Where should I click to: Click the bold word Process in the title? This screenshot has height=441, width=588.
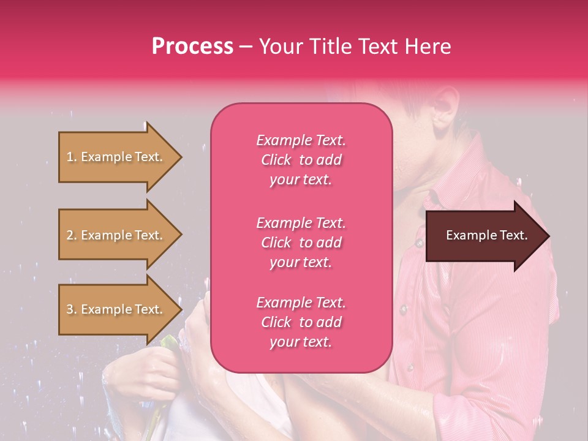[x=192, y=47]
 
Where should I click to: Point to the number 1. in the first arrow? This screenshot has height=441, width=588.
[x=71, y=157]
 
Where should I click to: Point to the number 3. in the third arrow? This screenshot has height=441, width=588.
[x=71, y=309]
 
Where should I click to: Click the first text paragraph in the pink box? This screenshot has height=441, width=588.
[x=301, y=160]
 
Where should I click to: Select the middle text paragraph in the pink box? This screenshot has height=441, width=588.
[x=301, y=243]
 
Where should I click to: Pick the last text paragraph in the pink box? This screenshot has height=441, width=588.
[x=301, y=322]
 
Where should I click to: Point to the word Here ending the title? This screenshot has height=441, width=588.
[x=431, y=47]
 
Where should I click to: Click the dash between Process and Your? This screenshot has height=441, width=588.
[x=246, y=47]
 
